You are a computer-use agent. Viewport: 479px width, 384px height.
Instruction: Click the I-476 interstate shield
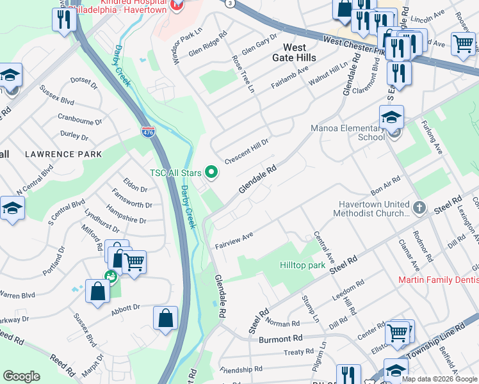coord(148,132)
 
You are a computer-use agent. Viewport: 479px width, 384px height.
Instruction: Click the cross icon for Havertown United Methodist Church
coord(419,208)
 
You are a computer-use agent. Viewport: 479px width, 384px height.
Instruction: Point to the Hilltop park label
coord(302,265)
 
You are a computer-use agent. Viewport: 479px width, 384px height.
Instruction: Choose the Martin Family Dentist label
coord(438,280)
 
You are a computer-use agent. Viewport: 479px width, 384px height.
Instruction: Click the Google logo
coord(21,376)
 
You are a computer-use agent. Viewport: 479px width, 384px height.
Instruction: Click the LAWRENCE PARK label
coord(63,154)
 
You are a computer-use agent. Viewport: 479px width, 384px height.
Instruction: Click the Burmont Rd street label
coord(280,338)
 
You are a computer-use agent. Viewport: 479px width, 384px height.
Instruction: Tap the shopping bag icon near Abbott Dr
coord(165,318)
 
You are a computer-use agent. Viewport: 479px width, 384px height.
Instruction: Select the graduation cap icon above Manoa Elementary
coord(391,118)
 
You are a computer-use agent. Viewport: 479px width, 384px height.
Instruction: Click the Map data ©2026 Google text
coord(439,379)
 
